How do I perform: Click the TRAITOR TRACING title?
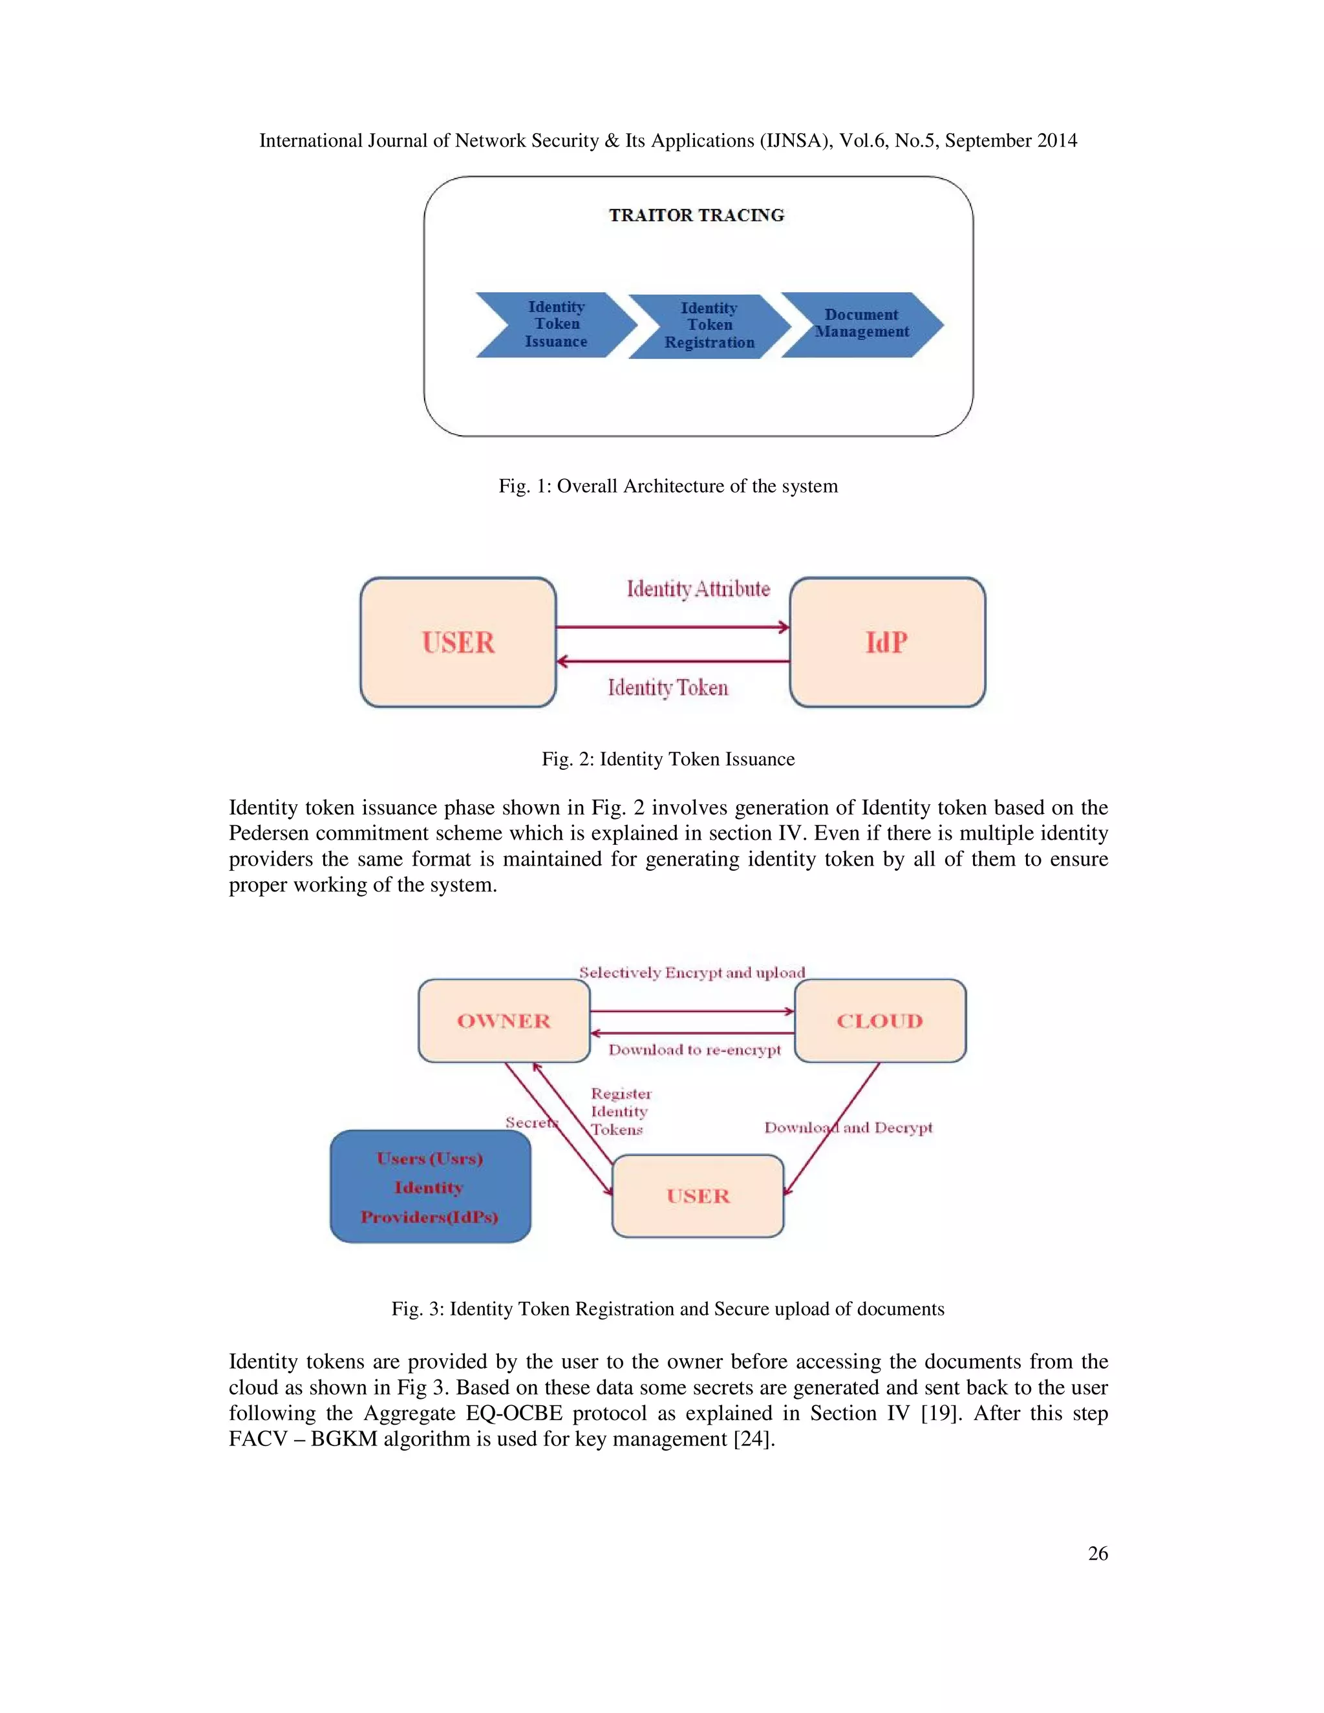coord(696,215)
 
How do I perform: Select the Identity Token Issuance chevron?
coord(555,325)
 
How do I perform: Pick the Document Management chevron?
coord(861,323)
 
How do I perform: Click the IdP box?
coord(887,643)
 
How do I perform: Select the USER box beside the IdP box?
coord(458,643)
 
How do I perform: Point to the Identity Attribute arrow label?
coord(698,589)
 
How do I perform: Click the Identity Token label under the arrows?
coord(668,688)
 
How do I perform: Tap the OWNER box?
coord(504,1021)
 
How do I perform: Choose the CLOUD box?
coord(880,1021)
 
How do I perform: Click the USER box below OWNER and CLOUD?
coord(698,1196)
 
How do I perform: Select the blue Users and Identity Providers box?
coord(430,1187)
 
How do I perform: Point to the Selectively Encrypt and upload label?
coord(692,973)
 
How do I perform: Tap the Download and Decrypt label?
coord(849,1127)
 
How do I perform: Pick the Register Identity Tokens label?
coord(621,1111)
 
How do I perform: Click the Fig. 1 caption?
coord(668,486)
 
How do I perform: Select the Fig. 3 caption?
coord(668,1309)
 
